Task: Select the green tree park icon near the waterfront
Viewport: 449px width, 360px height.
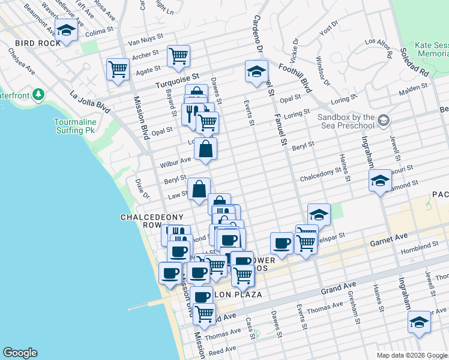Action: click(x=38, y=95)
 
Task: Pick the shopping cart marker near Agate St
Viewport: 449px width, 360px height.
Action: click(x=118, y=70)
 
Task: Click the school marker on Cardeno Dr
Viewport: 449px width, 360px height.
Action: click(x=256, y=72)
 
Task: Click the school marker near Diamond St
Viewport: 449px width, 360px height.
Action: click(x=379, y=180)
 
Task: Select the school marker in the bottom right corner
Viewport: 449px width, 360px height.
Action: click(x=418, y=322)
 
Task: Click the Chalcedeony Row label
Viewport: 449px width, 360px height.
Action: click(x=142, y=221)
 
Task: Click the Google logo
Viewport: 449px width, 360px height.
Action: click(x=20, y=353)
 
